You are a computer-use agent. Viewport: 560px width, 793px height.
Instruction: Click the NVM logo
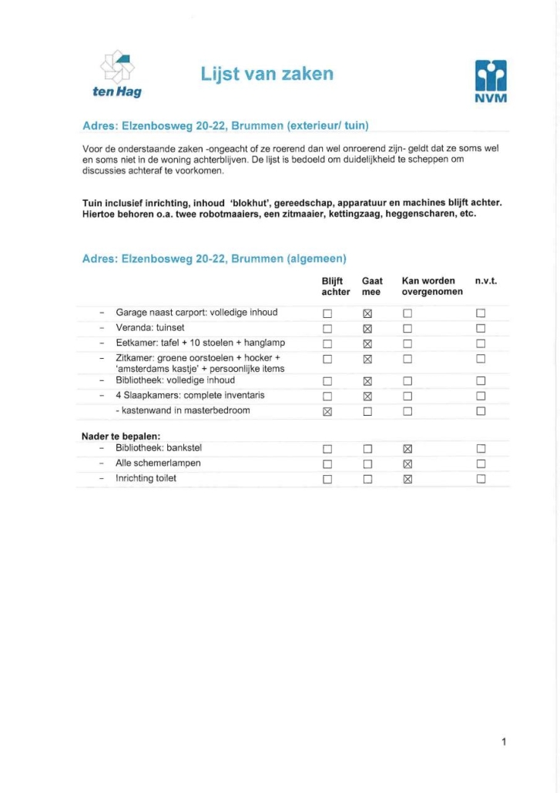click(x=491, y=82)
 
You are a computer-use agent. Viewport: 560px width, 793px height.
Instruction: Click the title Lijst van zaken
click(x=267, y=74)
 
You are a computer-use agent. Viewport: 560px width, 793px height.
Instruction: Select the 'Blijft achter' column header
click(x=335, y=286)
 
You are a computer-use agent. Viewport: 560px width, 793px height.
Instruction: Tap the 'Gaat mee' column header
click(x=372, y=286)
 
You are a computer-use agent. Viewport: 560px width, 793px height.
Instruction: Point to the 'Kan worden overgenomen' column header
click(x=431, y=286)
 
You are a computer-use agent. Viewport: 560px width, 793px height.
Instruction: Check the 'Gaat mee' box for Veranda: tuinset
click(x=367, y=329)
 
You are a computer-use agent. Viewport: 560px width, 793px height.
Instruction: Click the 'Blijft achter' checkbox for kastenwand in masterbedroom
click(x=327, y=411)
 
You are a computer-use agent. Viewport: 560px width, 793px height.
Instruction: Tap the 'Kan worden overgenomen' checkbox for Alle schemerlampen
click(x=408, y=463)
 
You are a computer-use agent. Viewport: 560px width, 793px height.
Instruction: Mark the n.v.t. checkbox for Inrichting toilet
click(x=481, y=479)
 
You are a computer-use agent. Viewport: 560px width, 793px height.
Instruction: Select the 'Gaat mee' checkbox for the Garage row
click(x=367, y=313)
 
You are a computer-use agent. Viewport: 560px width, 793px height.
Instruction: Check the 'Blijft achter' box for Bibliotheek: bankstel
click(x=327, y=449)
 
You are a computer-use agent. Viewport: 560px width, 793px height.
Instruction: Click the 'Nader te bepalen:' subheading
click(x=121, y=437)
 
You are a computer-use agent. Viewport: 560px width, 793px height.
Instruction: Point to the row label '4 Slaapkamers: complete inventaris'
click(x=189, y=396)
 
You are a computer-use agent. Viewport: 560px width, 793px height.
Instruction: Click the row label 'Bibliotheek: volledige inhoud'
click(x=175, y=380)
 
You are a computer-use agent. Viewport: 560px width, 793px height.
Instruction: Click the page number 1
click(x=504, y=742)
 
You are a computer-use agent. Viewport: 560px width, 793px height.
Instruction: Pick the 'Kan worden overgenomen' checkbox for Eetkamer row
click(x=408, y=343)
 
